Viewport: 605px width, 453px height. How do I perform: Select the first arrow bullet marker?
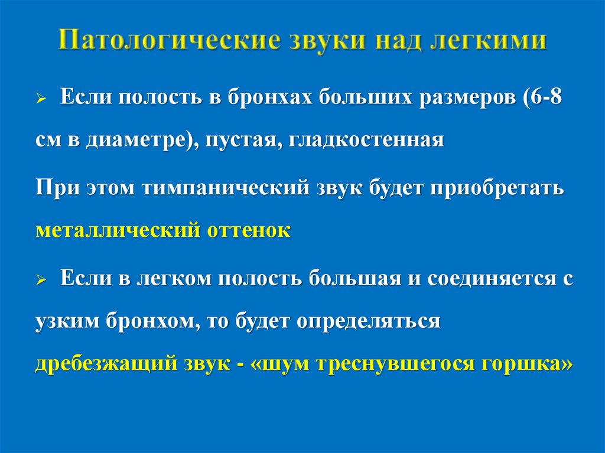41,98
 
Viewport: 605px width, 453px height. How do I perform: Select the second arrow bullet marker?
41,281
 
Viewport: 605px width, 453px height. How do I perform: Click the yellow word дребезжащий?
102,363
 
